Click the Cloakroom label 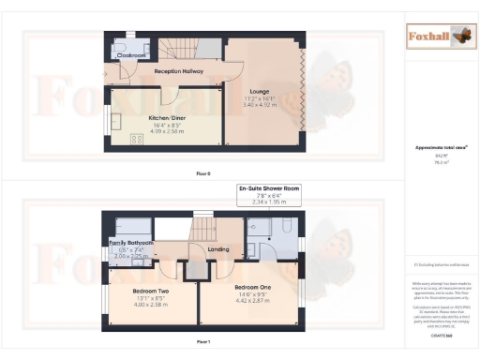(130, 55)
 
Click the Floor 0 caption (203, 174)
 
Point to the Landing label (218, 248)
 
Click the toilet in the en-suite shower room (254, 225)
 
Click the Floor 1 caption (203, 343)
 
